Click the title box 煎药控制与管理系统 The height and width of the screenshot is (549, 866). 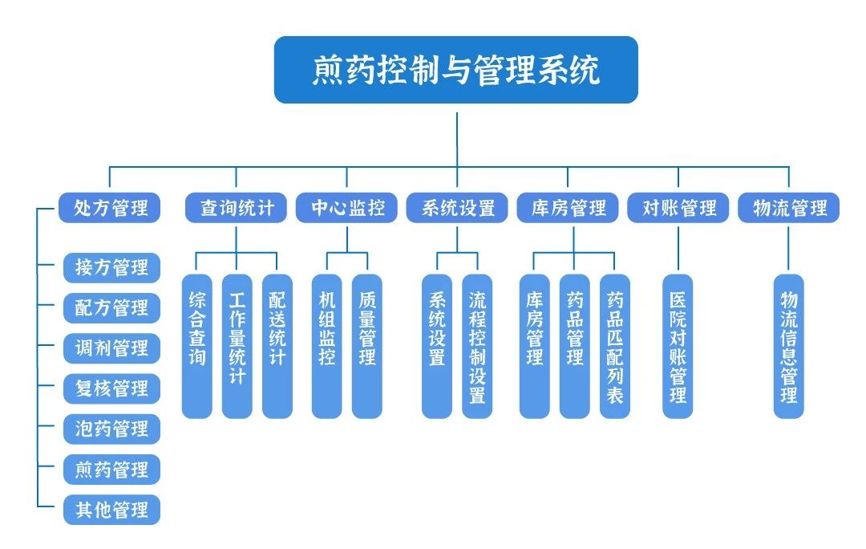455,70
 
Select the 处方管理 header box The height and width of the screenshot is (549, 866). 110,208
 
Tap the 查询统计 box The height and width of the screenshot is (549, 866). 237,208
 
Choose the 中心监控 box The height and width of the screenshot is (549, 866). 346,208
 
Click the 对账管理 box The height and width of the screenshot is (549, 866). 678,208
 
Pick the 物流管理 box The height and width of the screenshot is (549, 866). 789,208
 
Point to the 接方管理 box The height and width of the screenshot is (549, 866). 111,267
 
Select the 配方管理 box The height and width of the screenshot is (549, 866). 111,307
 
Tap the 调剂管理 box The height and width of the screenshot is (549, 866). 111,348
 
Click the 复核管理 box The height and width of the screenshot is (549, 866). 111,388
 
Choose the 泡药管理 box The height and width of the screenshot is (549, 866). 111,429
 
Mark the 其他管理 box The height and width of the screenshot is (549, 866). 111,510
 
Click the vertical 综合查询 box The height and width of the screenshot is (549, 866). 196,346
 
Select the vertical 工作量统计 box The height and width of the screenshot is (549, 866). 237,346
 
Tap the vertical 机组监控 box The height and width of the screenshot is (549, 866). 326,346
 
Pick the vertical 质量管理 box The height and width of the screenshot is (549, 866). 367,346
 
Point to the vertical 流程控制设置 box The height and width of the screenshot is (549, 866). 477,346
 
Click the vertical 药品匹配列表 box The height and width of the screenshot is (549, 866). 615,346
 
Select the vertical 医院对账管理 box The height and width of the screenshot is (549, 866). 678,346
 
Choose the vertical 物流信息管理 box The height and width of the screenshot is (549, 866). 789,346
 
